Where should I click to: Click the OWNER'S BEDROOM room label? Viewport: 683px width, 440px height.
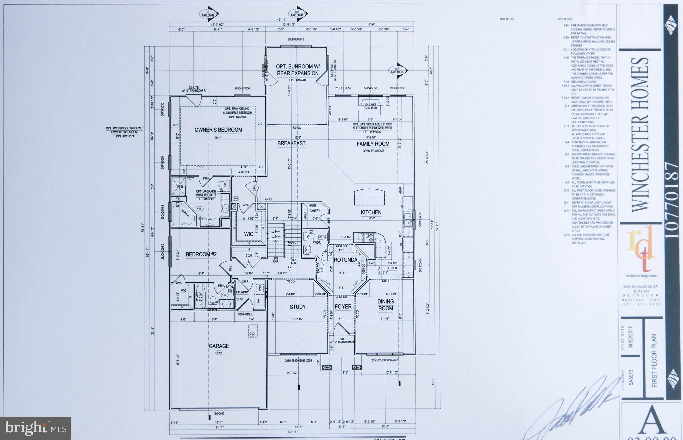pos(218,130)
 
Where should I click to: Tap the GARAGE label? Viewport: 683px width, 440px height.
pos(219,346)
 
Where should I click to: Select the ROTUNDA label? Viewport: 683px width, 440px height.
pos(345,260)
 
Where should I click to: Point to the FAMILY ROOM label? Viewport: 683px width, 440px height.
pos(373,144)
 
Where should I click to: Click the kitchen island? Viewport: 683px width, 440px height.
pos(369,196)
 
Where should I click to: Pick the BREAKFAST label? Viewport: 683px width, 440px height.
pos(291,143)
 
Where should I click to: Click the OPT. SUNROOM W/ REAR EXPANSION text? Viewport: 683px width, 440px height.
pos(297,70)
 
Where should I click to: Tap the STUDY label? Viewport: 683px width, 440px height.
pos(297,307)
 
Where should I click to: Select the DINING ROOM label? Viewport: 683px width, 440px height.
pos(385,305)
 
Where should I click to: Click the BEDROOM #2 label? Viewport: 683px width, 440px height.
pos(201,254)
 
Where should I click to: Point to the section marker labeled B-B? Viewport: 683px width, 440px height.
pos(297,14)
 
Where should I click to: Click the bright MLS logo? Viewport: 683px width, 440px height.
pos(36,428)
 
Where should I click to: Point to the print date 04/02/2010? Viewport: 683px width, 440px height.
pos(630,337)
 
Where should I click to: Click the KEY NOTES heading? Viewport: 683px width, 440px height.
pos(565,19)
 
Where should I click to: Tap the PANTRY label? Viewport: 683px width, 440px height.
pos(314,211)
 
